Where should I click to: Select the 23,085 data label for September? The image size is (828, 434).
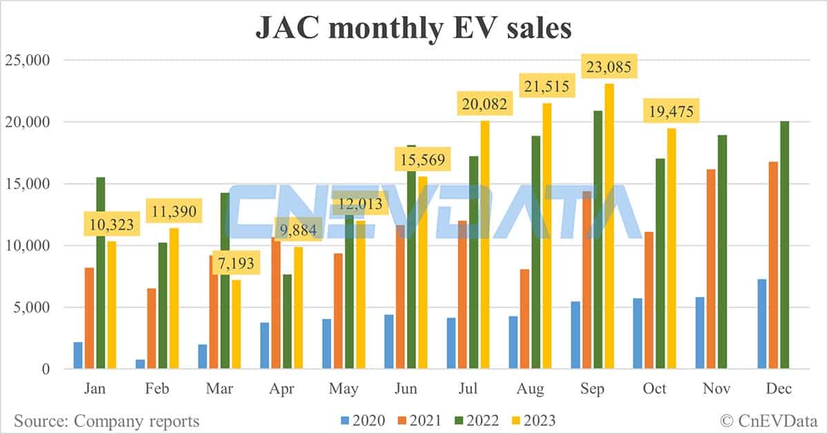coord(607,68)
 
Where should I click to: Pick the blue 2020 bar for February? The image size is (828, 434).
coord(140,364)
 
